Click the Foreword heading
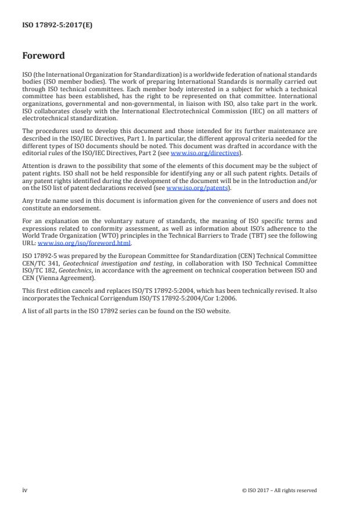tap(43, 56)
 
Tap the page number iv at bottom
tap(25, 490)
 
